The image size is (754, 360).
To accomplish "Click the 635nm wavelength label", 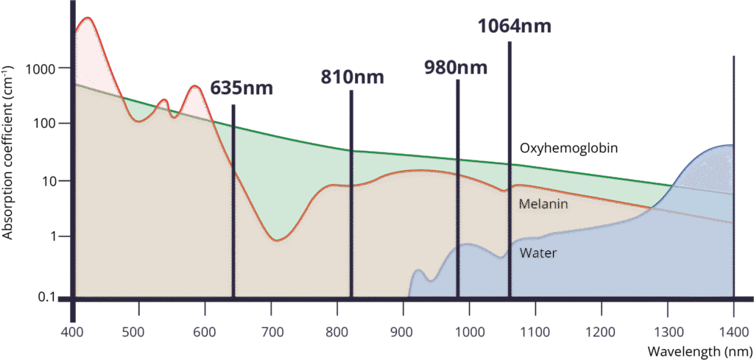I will [242, 88].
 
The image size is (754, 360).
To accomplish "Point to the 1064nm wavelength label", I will [515, 27].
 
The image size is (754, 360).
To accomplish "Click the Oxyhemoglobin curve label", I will [568, 149].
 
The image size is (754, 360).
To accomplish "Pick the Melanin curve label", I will [543, 204].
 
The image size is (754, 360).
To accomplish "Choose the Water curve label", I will [538, 253].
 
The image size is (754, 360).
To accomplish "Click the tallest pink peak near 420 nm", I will [88, 20].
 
